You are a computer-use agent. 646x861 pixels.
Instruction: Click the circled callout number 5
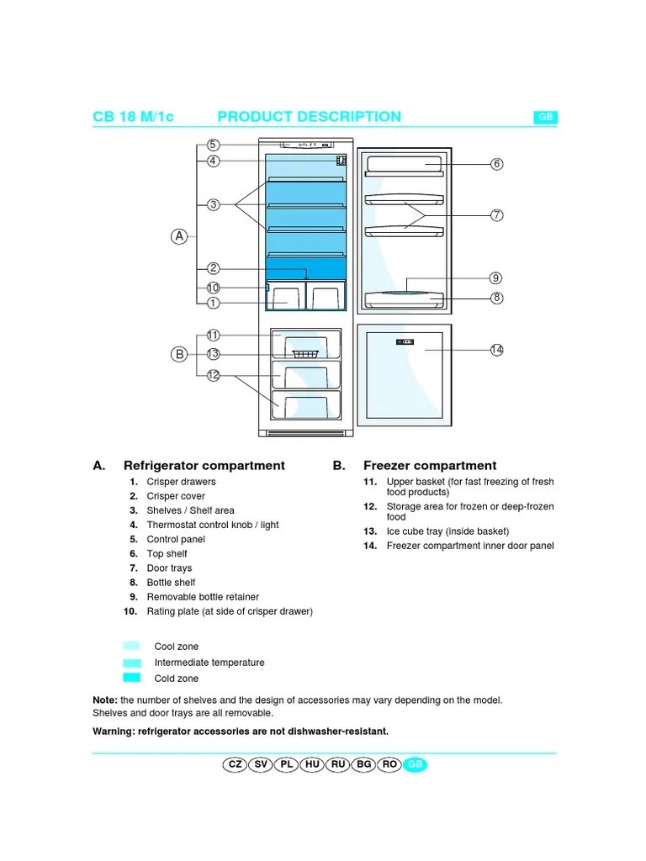tap(214, 145)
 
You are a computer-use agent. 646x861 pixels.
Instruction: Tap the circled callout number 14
tap(497, 349)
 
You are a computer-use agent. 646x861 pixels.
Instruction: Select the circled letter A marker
tap(179, 236)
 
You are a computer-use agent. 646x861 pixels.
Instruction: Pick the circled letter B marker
tap(179, 354)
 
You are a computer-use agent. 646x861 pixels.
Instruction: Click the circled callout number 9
tap(497, 277)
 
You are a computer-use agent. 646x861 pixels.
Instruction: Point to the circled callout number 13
tap(214, 354)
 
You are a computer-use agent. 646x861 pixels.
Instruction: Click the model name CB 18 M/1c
tap(133, 117)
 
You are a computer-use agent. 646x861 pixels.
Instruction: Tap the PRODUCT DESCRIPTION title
tap(309, 117)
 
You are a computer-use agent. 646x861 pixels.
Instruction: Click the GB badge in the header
tap(545, 118)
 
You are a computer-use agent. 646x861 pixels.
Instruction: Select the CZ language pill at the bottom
tap(235, 764)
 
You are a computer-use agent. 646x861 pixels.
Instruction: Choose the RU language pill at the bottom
tap(340, 764)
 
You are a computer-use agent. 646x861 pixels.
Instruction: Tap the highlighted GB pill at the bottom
tap(415, 764)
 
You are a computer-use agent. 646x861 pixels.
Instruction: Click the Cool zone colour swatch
tap(131, 647)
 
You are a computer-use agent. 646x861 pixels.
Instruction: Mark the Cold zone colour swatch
tap(131, 678)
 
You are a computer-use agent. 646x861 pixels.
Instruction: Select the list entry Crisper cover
tap(176, 496)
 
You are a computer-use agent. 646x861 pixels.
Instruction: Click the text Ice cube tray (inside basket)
tap(447, 531)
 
